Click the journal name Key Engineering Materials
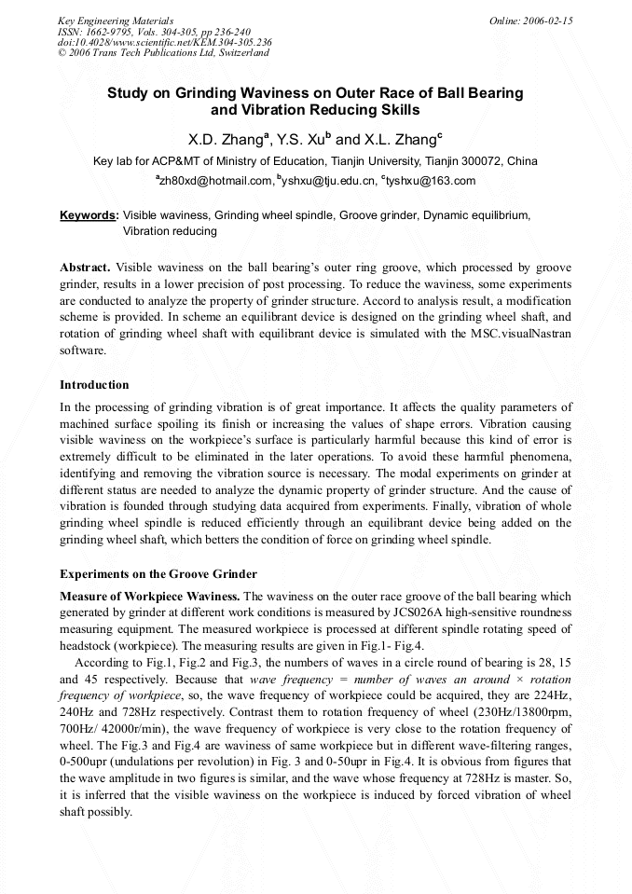click(x=116, y=21)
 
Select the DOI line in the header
click(x=164, y=42)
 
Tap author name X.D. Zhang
click(x=227, y=140)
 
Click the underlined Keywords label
click(x=89, y=215)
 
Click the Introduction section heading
click(x=94, y=385)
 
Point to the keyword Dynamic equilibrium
click(x=476, y=215)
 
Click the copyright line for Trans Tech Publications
click(x=163, y=53)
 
